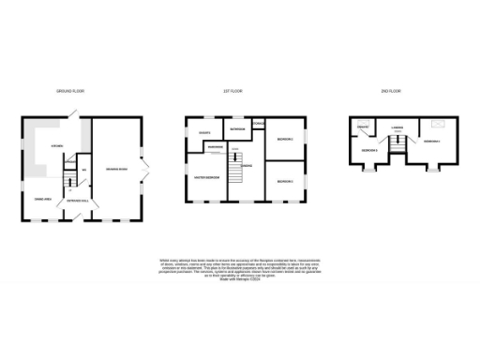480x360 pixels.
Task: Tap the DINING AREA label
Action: pyautogui.click(x=42, y=199)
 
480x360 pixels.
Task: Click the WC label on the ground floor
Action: pyautogui.click(x=84, y=170)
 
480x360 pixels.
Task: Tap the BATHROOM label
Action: pyautogui.click(x=237, y=128)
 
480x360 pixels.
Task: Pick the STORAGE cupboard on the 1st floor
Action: pyautogui.click(x=259, y=124)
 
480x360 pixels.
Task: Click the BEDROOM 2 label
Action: pyautogui.click(x=285, y=140)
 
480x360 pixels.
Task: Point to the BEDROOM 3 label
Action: pyautogui.click(x=285, y=180)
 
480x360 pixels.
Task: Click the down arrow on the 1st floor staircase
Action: pyautogui.click(x=236, y=150)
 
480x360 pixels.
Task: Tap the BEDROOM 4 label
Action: pyautogui.click(x=431, y=142)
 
